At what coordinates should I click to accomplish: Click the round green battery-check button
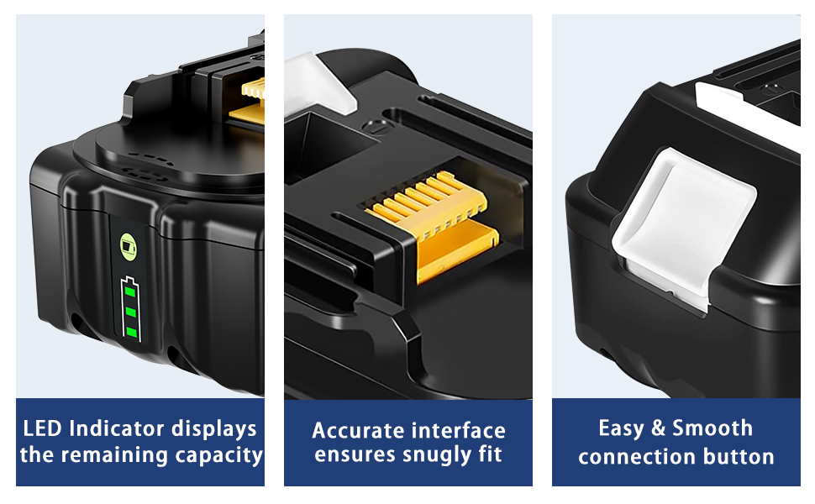(x=129, y=245)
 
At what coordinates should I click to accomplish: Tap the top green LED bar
(x=130, y=292)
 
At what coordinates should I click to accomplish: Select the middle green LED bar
(x=131, y=312)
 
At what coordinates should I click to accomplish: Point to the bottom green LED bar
(x=132, y=332)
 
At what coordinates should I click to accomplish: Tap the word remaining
(x=117, y=455)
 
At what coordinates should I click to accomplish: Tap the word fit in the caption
(x=490, y=454)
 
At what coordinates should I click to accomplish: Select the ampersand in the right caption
(x=659, y=428)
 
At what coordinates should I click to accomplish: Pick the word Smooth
(x=712, y=428)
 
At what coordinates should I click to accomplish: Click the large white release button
(x=683, y=227)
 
